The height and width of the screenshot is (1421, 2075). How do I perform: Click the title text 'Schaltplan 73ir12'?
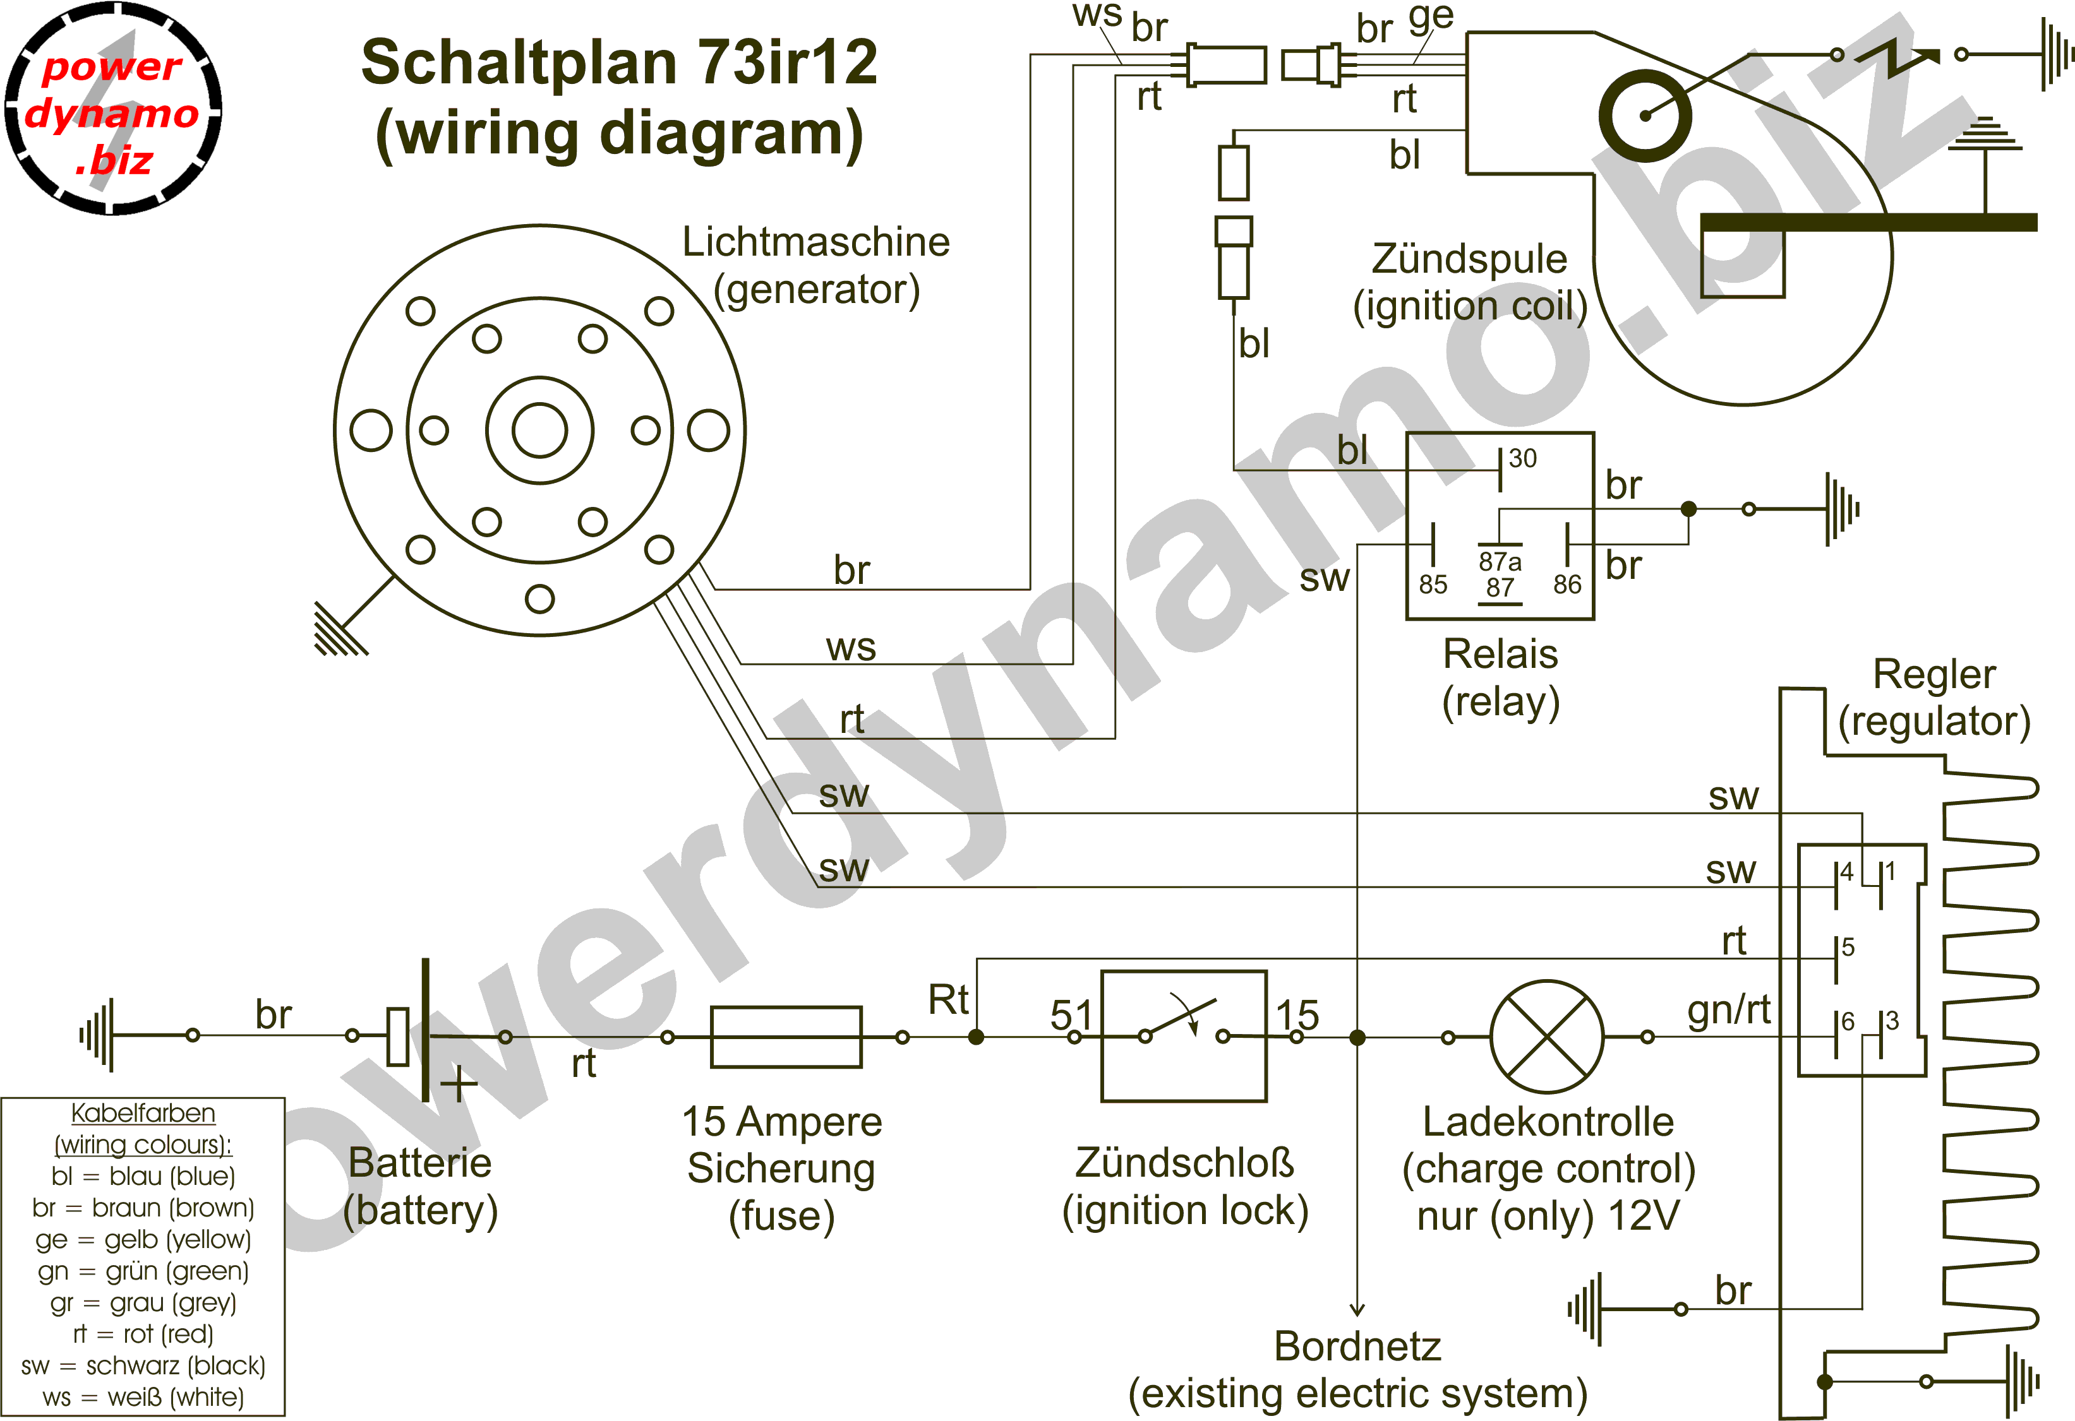click(x=619, y=62)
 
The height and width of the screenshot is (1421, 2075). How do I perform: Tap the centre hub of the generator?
click(x=539, y=431)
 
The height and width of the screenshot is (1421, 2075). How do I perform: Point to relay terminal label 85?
click(x=1433, y=585)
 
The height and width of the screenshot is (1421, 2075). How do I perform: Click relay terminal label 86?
click(x=1567, y=585)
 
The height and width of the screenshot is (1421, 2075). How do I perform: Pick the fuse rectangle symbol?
click(x=786, y=1037)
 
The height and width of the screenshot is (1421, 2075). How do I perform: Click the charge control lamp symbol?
click(x=1548, y=1037)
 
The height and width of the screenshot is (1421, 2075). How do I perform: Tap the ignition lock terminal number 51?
click(x=1071, y=1015)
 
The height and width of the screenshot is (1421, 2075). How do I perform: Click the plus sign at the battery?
click(x=459, y=1085)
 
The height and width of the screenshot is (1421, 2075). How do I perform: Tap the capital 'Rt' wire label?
click(x=948, y=1000)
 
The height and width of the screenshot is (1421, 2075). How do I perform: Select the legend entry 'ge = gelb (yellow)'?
click(x=143, y=1240)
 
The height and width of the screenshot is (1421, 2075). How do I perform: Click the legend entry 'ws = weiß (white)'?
click(x=143, y=1397)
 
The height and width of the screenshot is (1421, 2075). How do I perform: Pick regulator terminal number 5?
click(x=1848, y=946)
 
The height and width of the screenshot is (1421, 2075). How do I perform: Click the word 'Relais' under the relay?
click(x=1500, y=654)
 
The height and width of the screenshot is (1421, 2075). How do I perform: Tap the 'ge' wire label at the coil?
click(x=1431, y=16)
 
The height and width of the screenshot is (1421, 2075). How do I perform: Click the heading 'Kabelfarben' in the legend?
click(x=143, y=1113)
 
